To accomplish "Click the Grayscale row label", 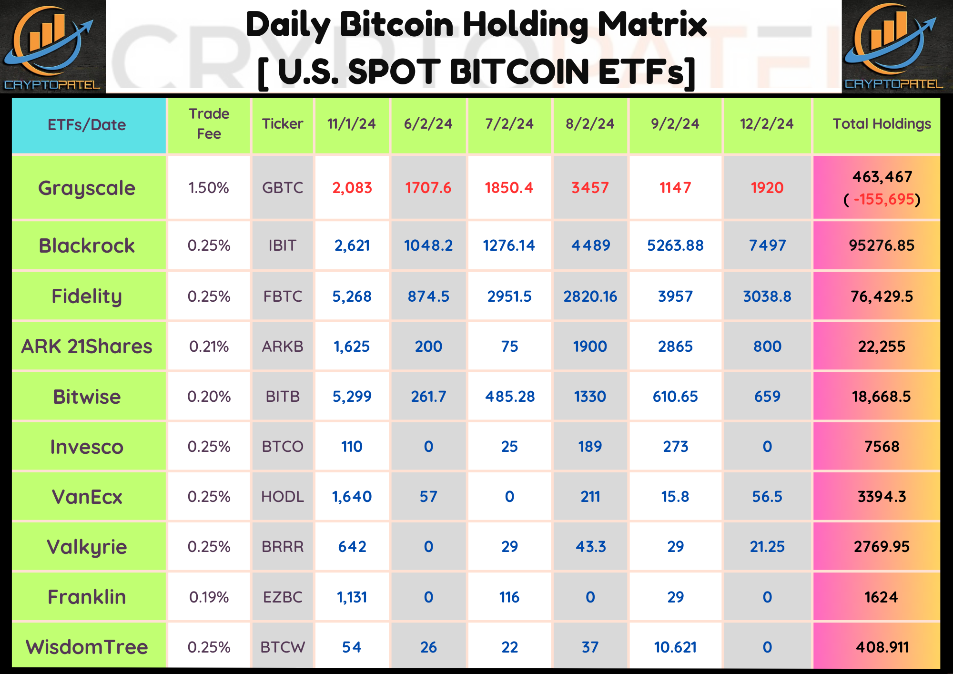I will click(87, 188).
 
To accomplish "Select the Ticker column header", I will click(282, 124).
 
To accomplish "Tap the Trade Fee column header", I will click(209, 124).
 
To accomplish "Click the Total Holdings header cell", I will click(882, 124).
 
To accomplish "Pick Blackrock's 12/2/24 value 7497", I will click(767, 245).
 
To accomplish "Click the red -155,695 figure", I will click(883, 199).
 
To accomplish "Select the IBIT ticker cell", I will click(282, 245).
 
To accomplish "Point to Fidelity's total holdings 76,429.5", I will click(882, 296).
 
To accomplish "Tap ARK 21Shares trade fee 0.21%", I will click(209, 347).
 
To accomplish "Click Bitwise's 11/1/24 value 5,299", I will click(352, 397).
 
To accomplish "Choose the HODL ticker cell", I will click(282, 497).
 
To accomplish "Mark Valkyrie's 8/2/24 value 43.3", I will click(590, 547).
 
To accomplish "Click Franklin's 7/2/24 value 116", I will click(509, 597).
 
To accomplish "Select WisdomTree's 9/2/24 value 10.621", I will click(675, 647).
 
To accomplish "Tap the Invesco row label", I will click(87, 447).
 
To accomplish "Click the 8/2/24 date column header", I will click(590, 124).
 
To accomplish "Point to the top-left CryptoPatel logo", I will click(52, 46).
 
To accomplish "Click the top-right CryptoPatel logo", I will click(894, 46).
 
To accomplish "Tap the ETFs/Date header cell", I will click(87, 125).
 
